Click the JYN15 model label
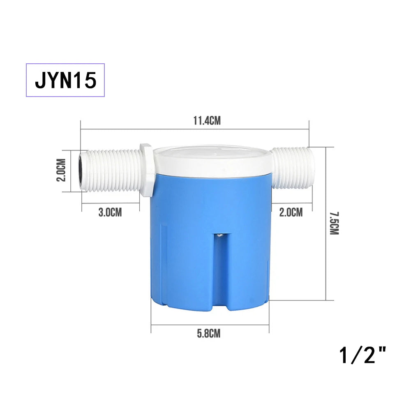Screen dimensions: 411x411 [x=65, y=80]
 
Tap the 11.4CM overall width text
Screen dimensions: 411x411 [x=207, y=120]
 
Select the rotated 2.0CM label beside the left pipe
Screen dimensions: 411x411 [x=62, y=170]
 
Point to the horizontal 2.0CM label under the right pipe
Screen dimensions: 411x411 [x=291, y=212]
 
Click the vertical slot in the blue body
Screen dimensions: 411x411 [x=220, y=267]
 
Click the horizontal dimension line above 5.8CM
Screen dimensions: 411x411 [x=210, y=325]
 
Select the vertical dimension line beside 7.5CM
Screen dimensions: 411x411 [x=326, y=224]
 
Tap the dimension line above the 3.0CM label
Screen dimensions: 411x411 [x=110, y=204]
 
